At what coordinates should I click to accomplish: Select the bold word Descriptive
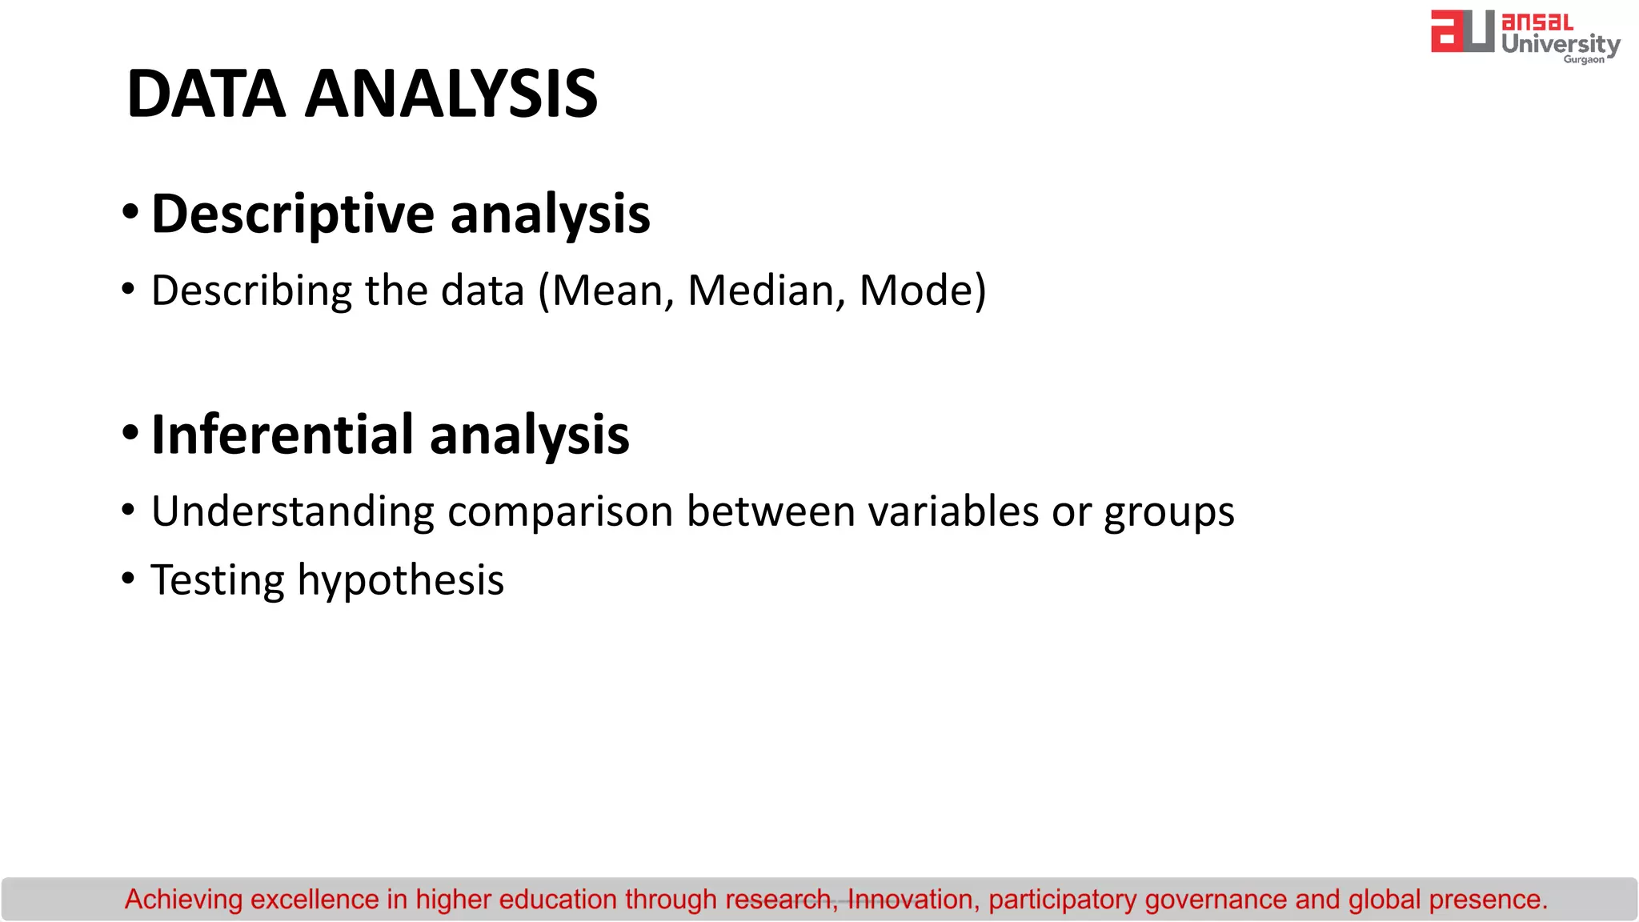(293, 214)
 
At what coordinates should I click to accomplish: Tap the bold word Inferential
(282, 435)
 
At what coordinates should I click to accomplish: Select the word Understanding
(293, 511)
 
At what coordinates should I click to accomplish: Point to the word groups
(1168, 513)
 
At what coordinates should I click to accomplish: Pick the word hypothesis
(401, 581)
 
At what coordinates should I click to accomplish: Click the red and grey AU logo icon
(1462, 32)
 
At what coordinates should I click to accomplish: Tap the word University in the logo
(1561, 43)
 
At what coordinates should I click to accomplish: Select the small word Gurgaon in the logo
(1584, 59)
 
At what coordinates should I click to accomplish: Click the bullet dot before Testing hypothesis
(128, 578)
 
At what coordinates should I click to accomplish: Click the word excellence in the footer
(314, 900)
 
